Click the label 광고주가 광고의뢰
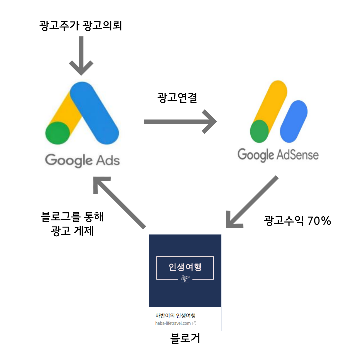tap(81, 25)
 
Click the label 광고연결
tap(177, 97)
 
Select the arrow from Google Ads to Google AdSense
tap(180, 122)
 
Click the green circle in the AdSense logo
tap(259, 131)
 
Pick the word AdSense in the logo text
tap(297, 155)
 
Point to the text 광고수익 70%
tap(297, 221)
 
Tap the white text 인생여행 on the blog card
tap(185, 267)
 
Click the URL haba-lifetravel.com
tap(173, 323)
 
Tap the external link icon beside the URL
tap(194, 323)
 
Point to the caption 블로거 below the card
tap(185, 339)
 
